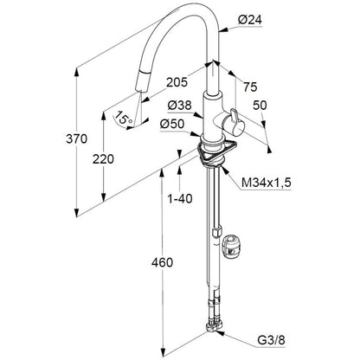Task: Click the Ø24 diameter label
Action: point(250,20)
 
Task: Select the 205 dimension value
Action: point(177,83)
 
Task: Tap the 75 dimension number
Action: point(250,87)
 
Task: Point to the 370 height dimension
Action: point(76,139)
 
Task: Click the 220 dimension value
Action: point(103,159)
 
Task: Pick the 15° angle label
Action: point(124,119)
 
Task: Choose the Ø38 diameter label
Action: point(179,106)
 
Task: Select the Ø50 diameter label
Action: point(172,125)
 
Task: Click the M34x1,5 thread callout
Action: point(267,183)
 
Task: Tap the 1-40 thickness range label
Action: point(180,199)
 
